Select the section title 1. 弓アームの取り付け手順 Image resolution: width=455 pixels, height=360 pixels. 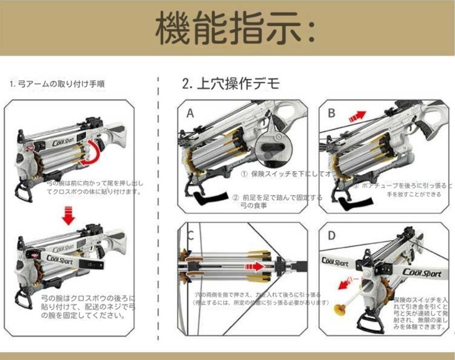pos(57,84)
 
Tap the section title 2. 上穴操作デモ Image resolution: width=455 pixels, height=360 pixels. pos(231,83)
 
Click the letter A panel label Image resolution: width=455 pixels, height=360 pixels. pos(190,114)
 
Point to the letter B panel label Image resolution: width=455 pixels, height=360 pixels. pos(331,113)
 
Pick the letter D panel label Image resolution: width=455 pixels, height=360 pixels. pos(331,236)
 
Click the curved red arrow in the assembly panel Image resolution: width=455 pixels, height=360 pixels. pos(91,152)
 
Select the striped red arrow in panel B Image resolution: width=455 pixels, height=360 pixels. pos(357,117)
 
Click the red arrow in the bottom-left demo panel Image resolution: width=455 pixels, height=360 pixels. pos(255,267)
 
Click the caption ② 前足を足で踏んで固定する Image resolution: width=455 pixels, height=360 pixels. pos(277,197)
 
